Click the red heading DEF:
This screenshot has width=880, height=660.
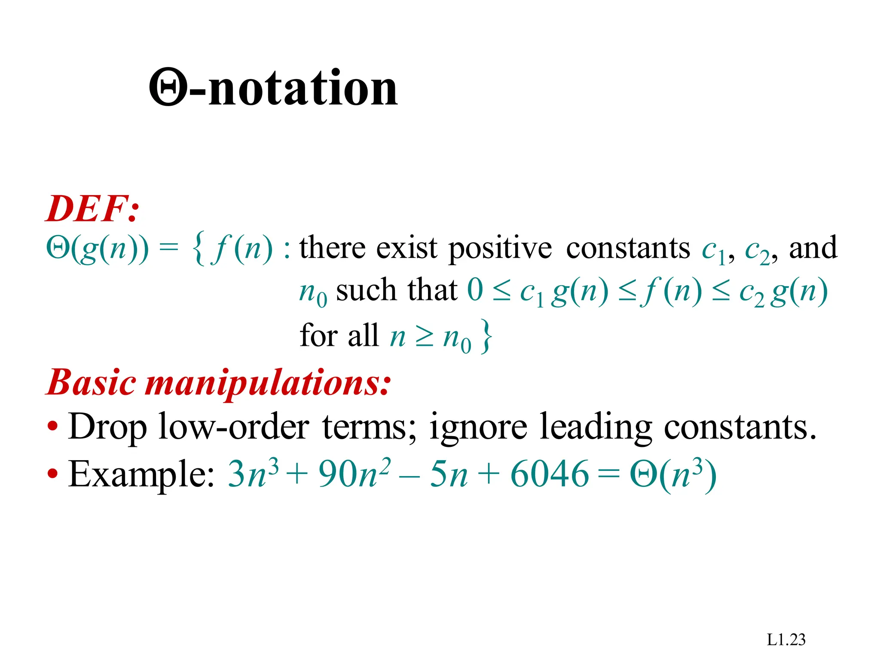pos(93,209)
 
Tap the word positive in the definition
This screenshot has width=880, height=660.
pos(500,249)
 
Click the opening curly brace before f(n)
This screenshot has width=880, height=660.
pos(199,249)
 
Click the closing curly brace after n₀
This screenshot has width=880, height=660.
pos(486,336)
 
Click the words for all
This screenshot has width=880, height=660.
pos(339,335)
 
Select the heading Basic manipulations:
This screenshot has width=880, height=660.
pos(219,382)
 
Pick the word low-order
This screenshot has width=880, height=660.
pos(234,427)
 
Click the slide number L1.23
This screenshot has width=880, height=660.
pos(786,640)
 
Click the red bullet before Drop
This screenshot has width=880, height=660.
pos(53,428)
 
